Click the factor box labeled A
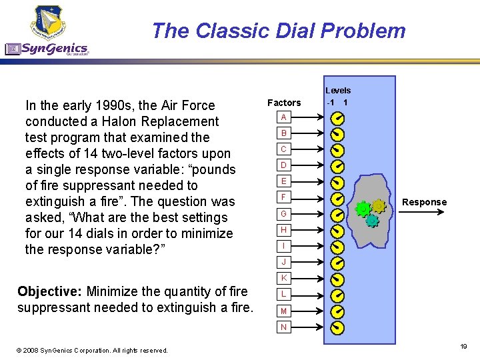pos(284,117)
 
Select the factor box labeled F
pos(284,198)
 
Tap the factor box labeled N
pos(284,327)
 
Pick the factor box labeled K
pos(284,277)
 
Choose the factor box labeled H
pos(284,230)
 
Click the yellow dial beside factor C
pos(338,149)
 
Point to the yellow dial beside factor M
pos(338,311)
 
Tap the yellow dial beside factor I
pos(338,246)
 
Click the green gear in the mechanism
pos(363,209)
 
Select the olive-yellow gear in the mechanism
pos(379,206)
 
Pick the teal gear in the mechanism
pos(372,220)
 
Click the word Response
pos(424,202)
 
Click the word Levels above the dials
pos(338,91)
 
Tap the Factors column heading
pos(284,103)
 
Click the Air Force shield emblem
pos(48,21)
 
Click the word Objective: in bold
pos(51,291)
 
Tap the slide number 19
pos(463,347)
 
